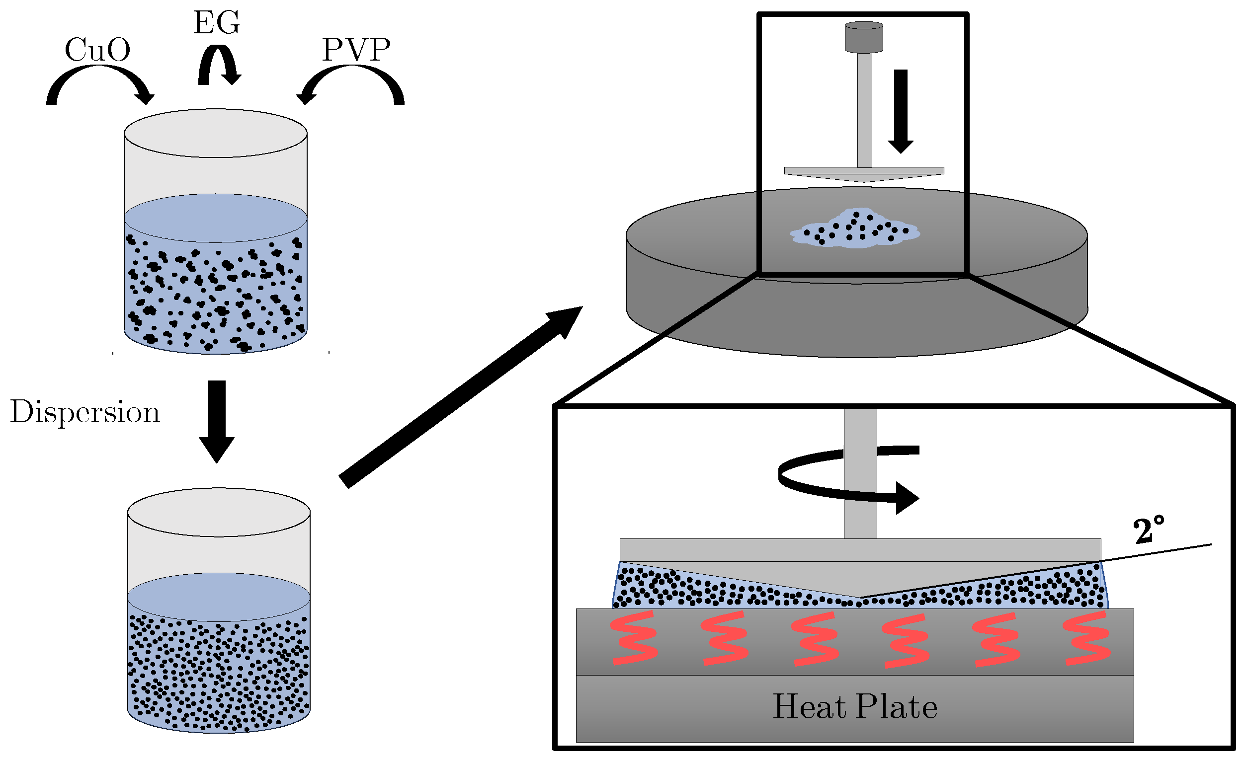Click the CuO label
point(97,50)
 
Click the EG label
point(216,23)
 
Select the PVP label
point(356,50)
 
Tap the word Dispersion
point(85,412)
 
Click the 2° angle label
point(1149,531)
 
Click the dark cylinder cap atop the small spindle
point(864,36)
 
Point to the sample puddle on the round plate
point(854,230)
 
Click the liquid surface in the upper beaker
point(215,218)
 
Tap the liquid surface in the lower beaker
point(219,597)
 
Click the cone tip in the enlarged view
point(860,596)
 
